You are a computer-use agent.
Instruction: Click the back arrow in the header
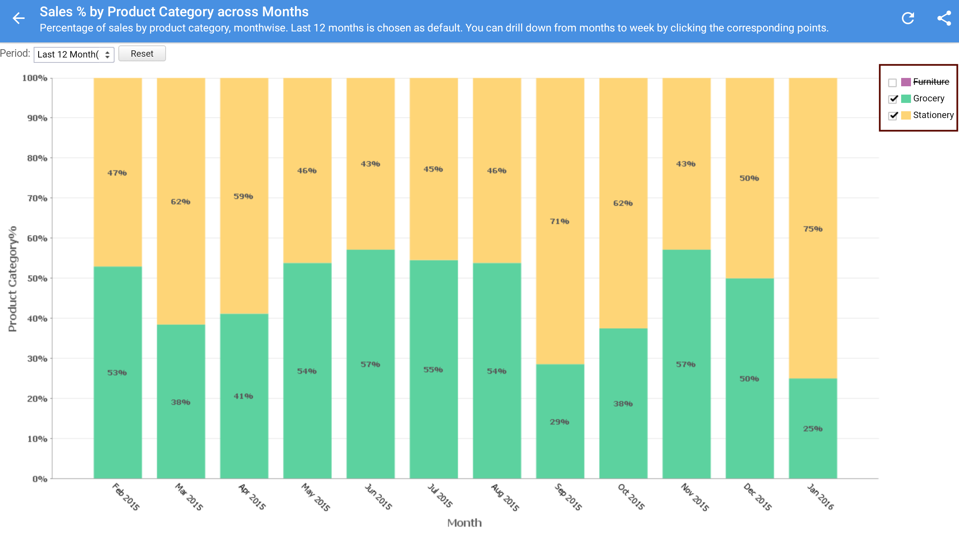click(x=18, y=18)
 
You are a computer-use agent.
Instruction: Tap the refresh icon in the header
click(x=908, y=18)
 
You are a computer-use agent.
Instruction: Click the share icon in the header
click(x=944, y=18)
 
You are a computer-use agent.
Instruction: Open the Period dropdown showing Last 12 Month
click(x=74, y=54)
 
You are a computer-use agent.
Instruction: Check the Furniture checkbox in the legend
click(x=892, y=82)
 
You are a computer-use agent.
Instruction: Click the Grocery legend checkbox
click(x=893, y=99)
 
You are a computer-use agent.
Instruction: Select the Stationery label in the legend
click(x=933, y=115)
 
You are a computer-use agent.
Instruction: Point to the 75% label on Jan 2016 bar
click(x=813, y=229)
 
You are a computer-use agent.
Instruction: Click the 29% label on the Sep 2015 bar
click(x=559, y=422)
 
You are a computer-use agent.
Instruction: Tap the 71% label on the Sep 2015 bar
click(x=559, y=221)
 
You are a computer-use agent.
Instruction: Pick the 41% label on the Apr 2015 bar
click(x=243, y=396)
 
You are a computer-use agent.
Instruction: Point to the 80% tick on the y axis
click(x=37, y=158)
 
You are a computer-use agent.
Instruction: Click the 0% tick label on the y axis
click(x=40, y=479)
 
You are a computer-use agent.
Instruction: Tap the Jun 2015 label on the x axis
click(x=378, y=496)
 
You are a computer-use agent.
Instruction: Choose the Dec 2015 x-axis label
click(x=757, y=496)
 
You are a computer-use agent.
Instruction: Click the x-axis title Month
click(x=464, y=523)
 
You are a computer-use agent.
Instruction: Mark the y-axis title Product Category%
click(x=13, y=279)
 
